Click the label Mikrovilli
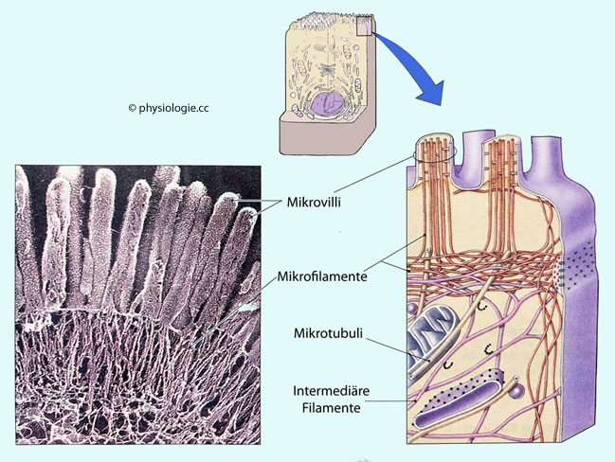(x=315, y=203)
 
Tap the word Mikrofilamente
(x=322, y=277)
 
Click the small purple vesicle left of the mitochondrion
(x=413, y=310)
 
